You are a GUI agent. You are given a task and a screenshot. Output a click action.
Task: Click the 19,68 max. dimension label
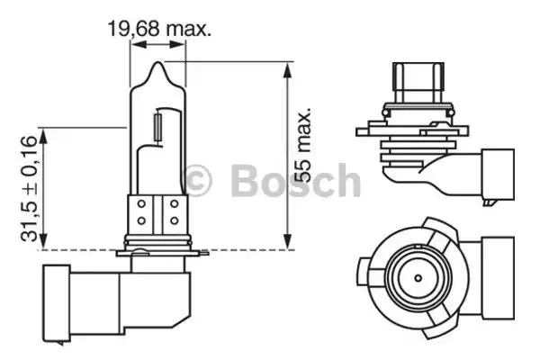[159, 29]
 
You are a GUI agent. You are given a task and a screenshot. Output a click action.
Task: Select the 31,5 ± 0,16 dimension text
[29, 188]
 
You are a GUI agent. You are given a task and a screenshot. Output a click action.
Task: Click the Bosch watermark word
[295, 180]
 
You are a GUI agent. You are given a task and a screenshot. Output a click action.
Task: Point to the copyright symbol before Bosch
[197, 180]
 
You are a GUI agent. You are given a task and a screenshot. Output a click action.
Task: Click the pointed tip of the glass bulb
[157, 62]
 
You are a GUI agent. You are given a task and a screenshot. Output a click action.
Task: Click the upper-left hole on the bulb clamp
[141, 204]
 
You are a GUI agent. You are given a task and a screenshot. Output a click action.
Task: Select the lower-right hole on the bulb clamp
[175, 220]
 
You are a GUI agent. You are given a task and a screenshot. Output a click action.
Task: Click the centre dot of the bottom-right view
[418, 278]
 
